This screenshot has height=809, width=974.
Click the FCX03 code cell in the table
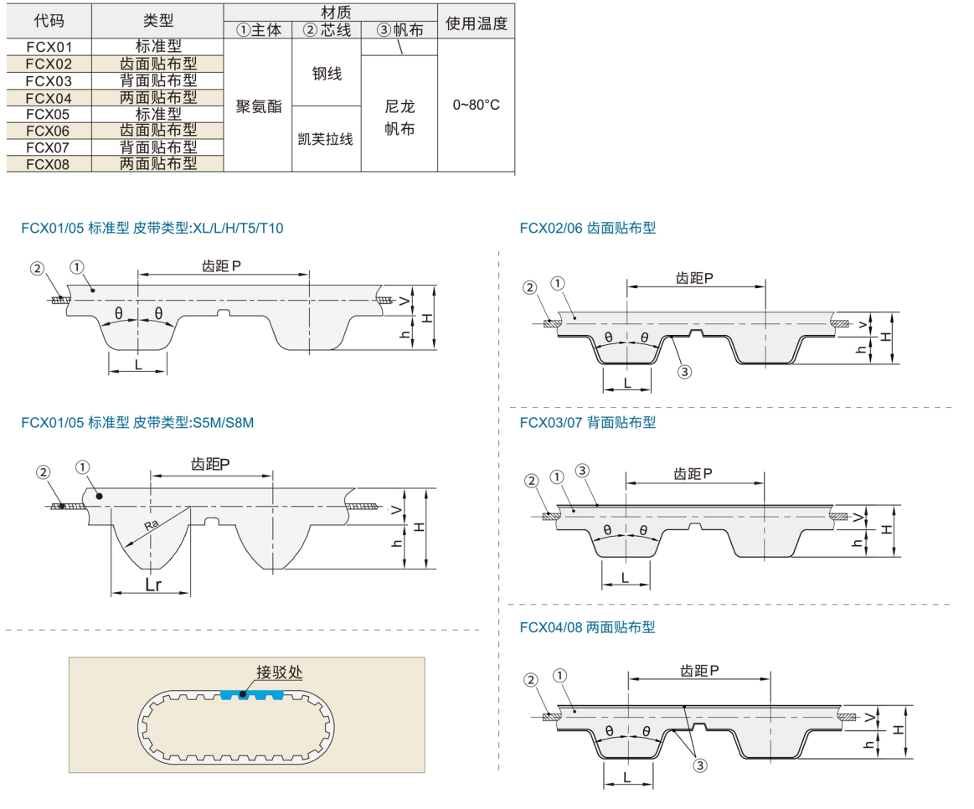tap(49, 80)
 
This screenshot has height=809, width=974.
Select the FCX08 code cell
tap(49, 163)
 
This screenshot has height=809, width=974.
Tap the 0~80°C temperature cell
tap(476, 106)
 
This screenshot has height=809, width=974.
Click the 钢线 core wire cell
tap(327, 75)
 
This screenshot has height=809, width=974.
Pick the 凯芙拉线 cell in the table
tap(327, 139)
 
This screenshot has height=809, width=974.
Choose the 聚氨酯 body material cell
tap(259, 106)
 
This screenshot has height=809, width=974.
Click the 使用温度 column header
tap(476, 23)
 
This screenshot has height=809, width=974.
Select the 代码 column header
tap(49, 22)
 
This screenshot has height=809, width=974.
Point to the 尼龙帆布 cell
tap(399, 118)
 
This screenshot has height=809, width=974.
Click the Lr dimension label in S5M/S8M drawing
tap(152, 585)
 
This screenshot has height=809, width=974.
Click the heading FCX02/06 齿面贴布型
tap(587, 228)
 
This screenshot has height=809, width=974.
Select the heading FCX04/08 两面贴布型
tap(587, 627)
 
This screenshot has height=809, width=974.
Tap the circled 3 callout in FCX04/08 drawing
tap(697, 763)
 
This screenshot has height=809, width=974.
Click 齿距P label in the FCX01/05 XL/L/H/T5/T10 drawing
tap(223, 265)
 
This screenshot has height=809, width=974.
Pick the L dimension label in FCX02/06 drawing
tap(627, 383)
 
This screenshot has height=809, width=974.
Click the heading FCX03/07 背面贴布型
tap(587, 423)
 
